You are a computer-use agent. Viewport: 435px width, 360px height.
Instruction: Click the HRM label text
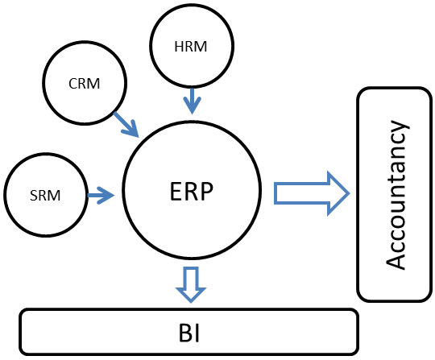click(191, 47)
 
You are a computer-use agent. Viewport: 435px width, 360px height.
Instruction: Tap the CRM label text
click(85, 84)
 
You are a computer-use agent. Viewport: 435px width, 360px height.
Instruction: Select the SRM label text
click(45, 196)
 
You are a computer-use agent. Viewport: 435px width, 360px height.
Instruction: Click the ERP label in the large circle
click(192, 191)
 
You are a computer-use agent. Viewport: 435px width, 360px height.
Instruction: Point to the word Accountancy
click(398, 194)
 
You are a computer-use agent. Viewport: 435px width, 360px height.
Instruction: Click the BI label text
click(189, 333)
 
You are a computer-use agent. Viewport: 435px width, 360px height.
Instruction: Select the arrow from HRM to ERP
click(192, 101)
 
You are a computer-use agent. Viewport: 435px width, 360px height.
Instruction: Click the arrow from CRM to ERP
click(126, 125)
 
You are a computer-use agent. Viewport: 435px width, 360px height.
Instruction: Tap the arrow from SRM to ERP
click(101, 196)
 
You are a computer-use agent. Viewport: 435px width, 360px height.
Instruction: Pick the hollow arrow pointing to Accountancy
click(312, 193)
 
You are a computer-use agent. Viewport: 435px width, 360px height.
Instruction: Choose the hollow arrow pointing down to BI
click(191, 284)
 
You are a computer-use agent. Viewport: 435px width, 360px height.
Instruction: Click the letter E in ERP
click(176, 191)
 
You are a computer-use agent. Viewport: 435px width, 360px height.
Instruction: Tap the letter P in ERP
click(207, 191)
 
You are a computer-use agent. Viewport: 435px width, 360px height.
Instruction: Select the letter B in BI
click(185, 333)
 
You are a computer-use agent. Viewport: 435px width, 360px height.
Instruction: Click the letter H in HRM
click(179, 47)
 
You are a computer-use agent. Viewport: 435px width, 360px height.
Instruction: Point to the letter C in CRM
click(72, 84)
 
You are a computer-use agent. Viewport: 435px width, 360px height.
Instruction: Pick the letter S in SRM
click(33, 196)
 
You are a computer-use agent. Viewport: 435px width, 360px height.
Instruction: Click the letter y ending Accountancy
click(400, 127)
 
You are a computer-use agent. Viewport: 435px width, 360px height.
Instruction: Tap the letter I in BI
click(197, 333)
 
